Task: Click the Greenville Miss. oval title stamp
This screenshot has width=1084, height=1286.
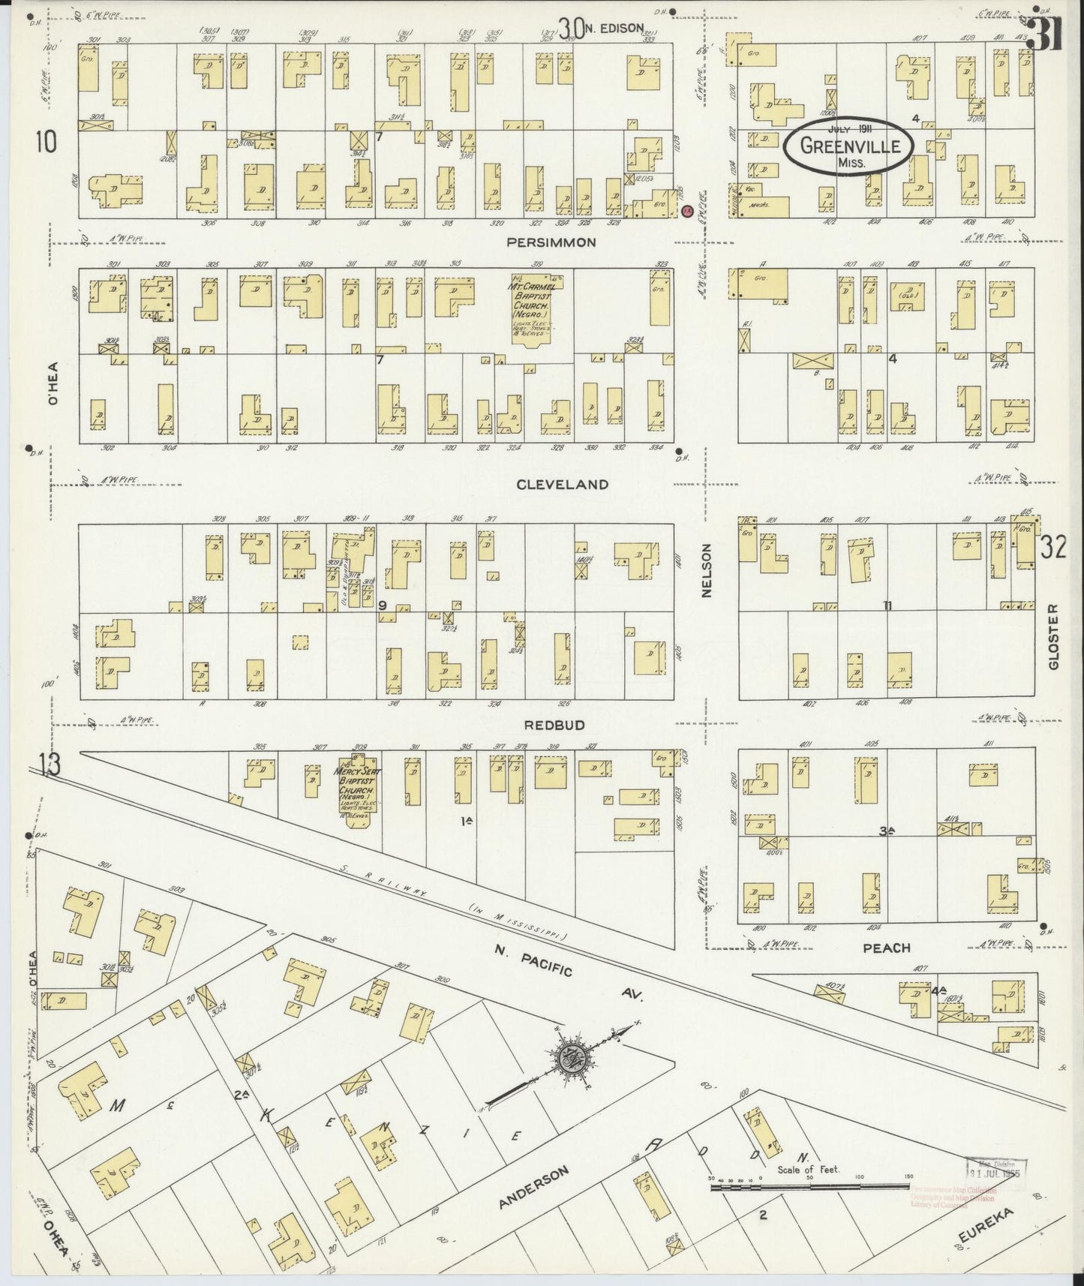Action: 848,147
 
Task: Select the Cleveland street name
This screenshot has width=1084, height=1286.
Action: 563,485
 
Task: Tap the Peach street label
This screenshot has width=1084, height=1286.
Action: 886,948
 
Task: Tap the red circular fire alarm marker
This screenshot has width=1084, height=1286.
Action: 686,212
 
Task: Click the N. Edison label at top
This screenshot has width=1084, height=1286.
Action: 614,29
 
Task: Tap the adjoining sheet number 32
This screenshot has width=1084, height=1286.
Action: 1052,548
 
